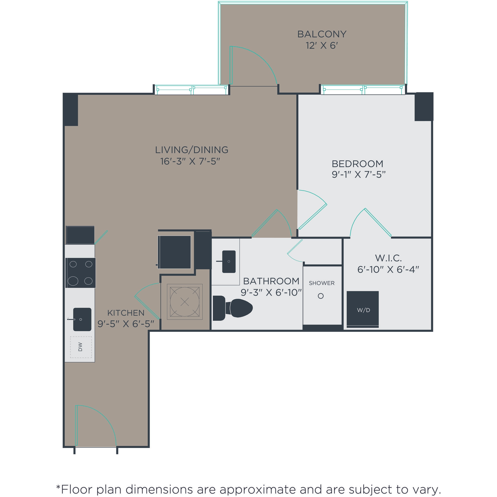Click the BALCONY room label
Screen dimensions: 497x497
(322, 34)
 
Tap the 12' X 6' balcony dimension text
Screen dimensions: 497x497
(322, 46)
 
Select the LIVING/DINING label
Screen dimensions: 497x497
(192, 150)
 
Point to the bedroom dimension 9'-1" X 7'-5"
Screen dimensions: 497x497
(358, 175)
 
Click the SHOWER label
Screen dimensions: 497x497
(322, 283)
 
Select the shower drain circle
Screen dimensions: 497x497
(321, 296)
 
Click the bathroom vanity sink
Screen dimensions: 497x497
(229, 261)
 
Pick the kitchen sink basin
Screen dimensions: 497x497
(82, 319)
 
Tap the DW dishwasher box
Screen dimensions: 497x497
(81, 347)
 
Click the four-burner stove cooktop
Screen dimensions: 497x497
(81, 273)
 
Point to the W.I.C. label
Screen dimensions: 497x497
(388, 258)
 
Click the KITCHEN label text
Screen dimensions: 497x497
(126, 313)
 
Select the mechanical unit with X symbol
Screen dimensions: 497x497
(185, 302)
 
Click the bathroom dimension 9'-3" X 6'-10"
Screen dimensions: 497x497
(271, 293)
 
